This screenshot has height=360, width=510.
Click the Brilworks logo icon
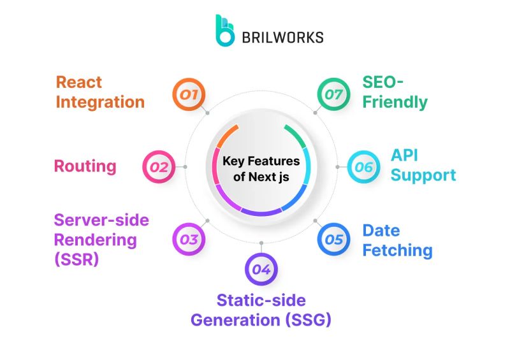[224, 31]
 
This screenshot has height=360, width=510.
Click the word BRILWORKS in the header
[282, 37]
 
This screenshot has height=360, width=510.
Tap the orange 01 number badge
[189, 96]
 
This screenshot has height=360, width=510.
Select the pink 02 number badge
[158, 168]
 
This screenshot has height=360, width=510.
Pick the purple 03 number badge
[189, 240]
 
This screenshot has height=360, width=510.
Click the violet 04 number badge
[261, 269]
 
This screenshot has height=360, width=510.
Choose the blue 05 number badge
[334, 240]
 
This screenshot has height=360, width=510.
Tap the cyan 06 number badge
[364, 167]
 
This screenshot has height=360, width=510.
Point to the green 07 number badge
[334, 96]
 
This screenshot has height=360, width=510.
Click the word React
[79, 82]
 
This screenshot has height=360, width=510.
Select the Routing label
[85, 167]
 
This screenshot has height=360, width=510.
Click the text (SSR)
[76, 260]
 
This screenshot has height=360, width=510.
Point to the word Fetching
[397, 250]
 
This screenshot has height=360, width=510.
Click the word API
[404, 155]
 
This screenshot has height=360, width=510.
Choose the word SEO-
[383, 82]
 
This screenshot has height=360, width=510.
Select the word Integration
[100, 102]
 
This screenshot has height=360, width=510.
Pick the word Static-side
[261, 300]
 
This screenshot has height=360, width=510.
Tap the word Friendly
[395, 102]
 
